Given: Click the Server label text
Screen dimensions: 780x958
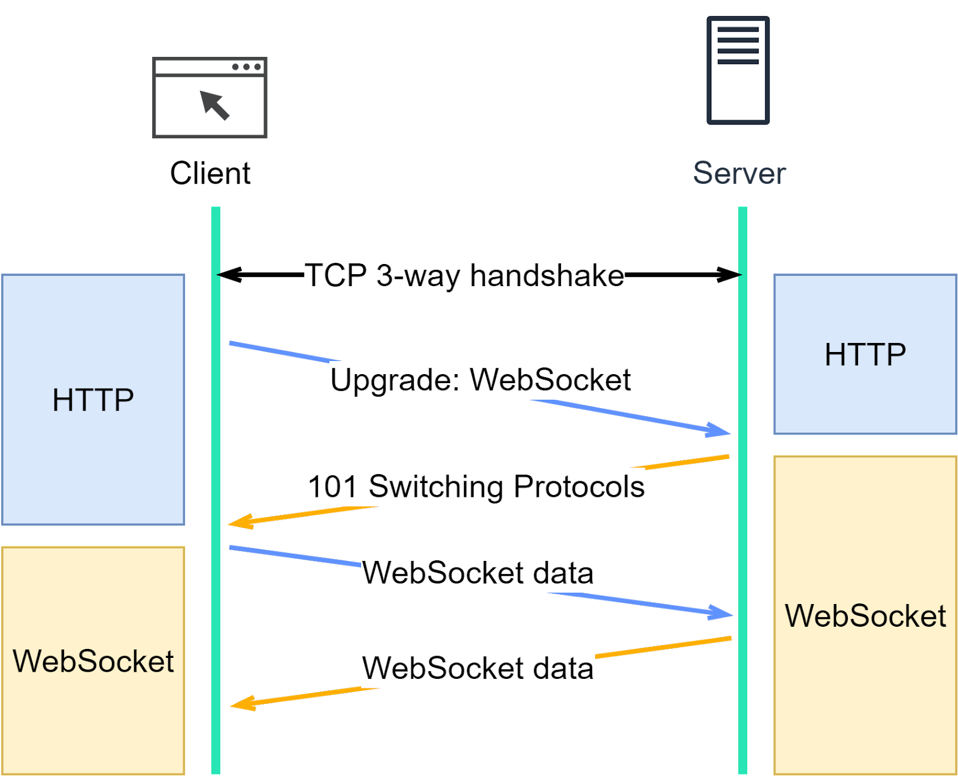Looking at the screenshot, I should tap(739, 174).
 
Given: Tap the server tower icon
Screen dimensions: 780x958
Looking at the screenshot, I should tap(738, 71).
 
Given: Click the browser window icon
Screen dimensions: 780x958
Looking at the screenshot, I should tap(210, 98).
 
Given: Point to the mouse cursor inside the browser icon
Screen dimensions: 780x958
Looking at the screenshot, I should tap(214, 104).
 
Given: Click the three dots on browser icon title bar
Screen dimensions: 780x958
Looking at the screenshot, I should tap(246, 67).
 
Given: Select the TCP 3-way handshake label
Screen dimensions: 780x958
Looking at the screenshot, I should tap(464, 276).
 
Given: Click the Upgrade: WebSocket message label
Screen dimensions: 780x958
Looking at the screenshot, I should tap(480, 380).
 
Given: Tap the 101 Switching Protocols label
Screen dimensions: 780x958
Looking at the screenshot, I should tap(476, 487).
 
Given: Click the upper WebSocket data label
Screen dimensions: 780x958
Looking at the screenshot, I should tap(478, 573).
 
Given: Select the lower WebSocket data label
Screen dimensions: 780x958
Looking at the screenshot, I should tap(478, 669).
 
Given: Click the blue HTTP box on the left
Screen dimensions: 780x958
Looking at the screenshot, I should tap(93, 400).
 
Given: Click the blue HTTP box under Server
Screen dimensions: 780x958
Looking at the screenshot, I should tap(865, 354).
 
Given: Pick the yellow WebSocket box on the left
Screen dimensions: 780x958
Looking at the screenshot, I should tap(93, 661).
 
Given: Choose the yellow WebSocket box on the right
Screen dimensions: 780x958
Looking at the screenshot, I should tap(865, 615).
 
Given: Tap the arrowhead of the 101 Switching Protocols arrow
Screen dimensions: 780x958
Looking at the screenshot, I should tap(238, 523).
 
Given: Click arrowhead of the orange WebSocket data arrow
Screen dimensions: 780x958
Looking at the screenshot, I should tap(241, 704).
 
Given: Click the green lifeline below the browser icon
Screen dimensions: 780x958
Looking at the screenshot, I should tap(216, 599).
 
